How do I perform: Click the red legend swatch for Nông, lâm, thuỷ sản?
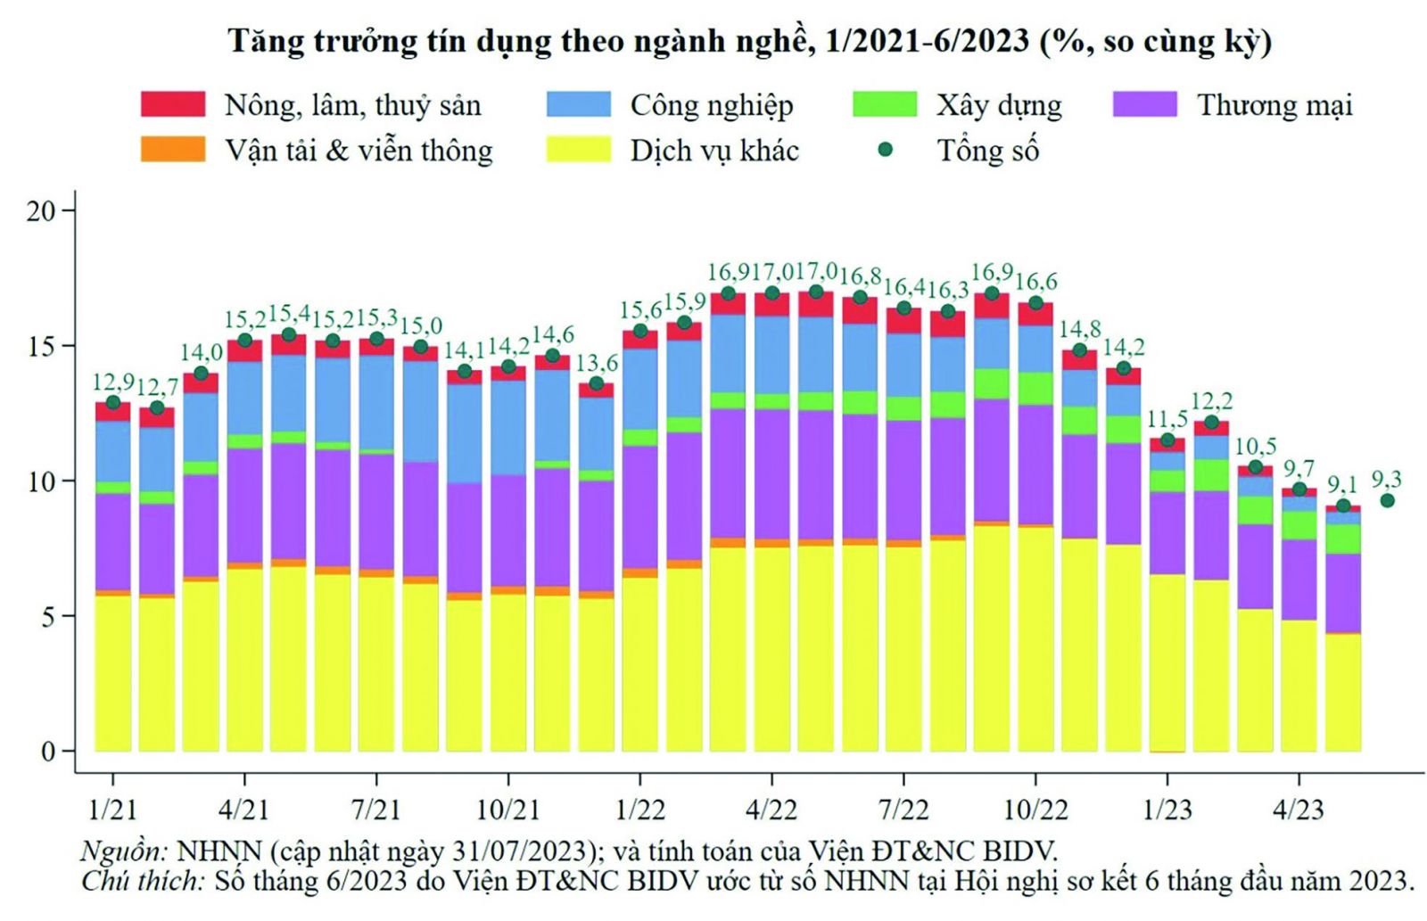[173, 104]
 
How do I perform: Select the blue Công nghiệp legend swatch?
[579, 104]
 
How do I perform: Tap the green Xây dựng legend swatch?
[884, 104]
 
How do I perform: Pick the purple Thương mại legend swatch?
[1144, 104]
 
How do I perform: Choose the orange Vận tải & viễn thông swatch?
[173, 149]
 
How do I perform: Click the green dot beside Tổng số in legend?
[885, 150]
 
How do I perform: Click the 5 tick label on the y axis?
[47, 617]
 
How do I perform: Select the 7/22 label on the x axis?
[903, 810]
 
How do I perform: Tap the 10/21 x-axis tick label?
[507, 810]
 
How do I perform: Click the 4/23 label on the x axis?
[1298, 810]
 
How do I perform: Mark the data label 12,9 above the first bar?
[113, 382]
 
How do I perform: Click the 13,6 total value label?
[597, 363]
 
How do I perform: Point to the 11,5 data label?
[1167, 419]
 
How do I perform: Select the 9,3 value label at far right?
[1386, 479]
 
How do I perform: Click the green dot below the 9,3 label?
[1387, 500]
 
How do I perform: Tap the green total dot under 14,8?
[1079, 350]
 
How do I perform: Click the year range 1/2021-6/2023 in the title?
[927, 42]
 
